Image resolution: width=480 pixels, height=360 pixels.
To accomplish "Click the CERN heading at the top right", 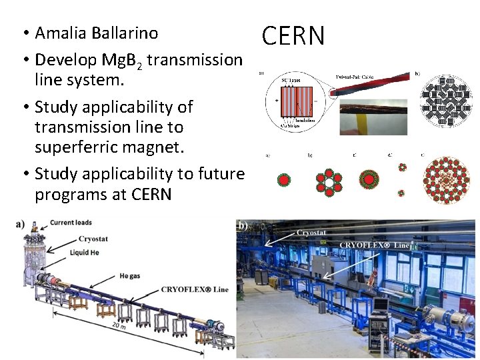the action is (x=293, y=37).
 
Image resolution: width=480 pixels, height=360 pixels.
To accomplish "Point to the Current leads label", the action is (x=71, y=222).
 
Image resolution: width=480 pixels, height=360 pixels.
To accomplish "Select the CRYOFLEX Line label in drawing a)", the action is (x=195, y=289).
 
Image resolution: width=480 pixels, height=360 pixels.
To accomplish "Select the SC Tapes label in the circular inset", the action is (x=291, y=80).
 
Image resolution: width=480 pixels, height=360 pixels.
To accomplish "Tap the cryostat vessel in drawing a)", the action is (x=29, y=260).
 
